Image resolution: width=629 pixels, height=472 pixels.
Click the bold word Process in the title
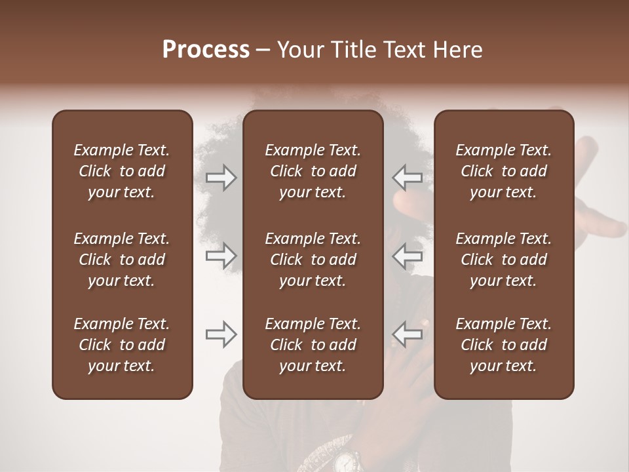pos(206,50)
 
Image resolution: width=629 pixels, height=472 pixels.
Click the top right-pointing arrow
pos(221,178)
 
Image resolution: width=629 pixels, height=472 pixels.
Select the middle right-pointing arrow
pos(221,256)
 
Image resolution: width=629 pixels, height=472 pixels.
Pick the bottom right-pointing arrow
pos(221,334)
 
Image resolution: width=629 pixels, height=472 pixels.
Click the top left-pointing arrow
pos(407,178)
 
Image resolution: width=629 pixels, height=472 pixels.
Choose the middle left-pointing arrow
pos(407,256)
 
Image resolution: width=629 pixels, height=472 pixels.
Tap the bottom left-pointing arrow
pos(407,334)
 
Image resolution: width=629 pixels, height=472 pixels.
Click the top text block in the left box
pos(122,171)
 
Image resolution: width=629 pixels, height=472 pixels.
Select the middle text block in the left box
pos(122,260)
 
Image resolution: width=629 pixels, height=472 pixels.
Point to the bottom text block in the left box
pos(122,345)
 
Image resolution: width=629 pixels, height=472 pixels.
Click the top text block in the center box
pos(313,171)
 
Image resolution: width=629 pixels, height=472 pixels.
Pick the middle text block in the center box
pos(313,260)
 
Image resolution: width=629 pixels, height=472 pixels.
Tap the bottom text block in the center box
pos(313,345)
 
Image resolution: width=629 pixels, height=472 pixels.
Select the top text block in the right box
pos(503,171)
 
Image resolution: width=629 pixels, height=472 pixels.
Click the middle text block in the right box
pos(503,260)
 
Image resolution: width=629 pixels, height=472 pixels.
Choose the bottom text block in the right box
pos(503,345)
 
